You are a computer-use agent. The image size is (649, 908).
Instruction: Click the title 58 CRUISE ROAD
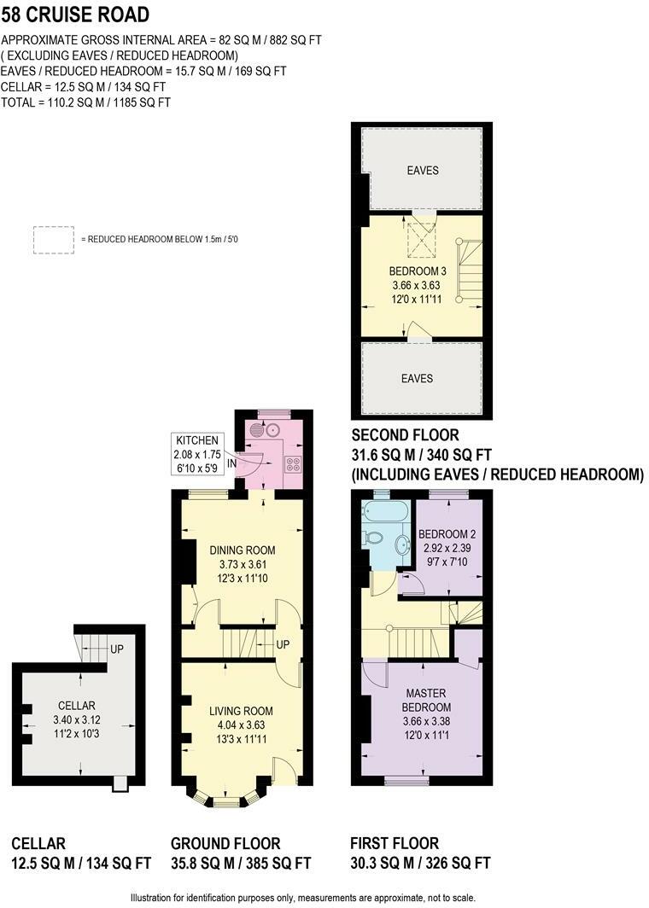[75, 15]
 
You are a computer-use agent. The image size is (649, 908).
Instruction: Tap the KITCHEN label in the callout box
[197, 440]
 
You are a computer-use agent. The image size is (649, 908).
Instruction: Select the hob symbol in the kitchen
[293, 464]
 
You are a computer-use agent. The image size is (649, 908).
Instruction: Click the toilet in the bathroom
[373, 538]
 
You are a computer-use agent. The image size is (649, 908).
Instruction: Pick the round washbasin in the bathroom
[404, 545]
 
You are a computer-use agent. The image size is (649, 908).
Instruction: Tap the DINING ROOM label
[243, 550]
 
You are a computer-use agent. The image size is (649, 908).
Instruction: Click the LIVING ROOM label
[241, 711]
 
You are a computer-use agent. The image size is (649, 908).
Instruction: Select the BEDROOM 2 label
[447, 534]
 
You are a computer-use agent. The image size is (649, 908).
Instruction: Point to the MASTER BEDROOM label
[426, 700]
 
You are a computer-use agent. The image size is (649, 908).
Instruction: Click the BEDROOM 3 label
[418, 271]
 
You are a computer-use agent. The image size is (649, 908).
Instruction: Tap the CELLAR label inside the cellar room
[77, 705]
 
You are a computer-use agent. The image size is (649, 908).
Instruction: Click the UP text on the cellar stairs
[117, 649]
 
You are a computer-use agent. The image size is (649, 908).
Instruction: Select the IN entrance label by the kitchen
[231, 464]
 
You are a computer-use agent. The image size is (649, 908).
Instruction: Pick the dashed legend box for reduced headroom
[54, 240]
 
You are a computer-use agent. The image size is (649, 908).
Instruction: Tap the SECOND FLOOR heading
[405, 435]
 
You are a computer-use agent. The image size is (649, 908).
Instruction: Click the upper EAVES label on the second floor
[423, 171]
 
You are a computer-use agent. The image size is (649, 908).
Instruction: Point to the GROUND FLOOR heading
[225, 843]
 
